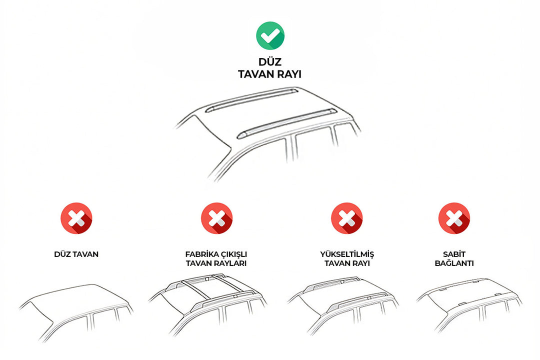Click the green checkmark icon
(x=270, y=35)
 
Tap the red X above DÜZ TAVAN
(x=76, y=218)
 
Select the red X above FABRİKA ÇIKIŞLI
(x=216, y=218)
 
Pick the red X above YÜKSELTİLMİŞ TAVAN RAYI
(x=346, y=218)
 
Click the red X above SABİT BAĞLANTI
(x=453, y=218)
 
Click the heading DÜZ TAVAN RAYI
(x=270, y=68)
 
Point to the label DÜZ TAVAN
(x=76, y=254)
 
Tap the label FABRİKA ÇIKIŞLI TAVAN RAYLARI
(x=216, y=258)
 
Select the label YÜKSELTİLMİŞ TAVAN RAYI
(x=346, y=258)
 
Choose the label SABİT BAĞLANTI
(x=453, y=258)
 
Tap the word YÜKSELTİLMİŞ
(x=346, y=254)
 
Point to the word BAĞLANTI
(x=453, y=263)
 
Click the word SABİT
(x=453, y=254)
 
